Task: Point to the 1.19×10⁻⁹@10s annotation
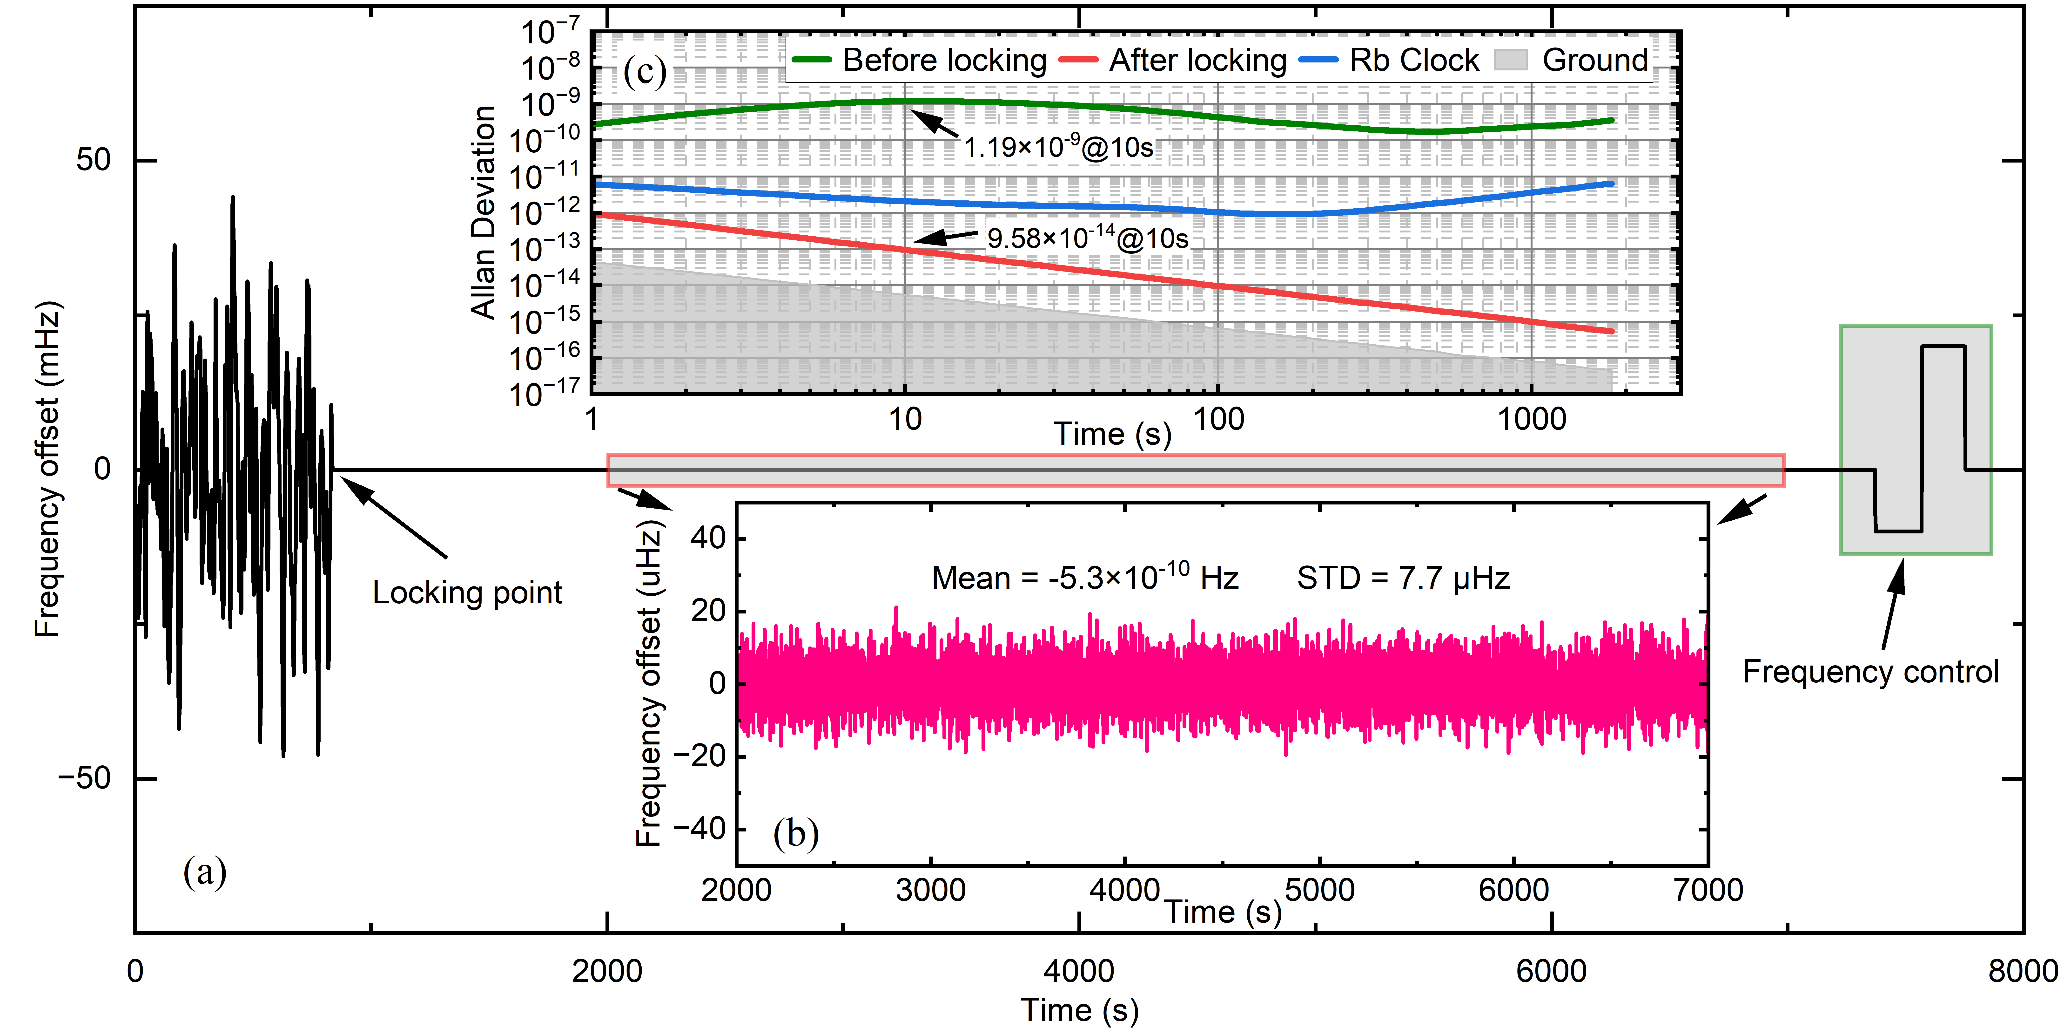point(1058,147)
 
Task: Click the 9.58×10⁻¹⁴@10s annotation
point(1087,238)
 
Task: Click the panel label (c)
point(645,72)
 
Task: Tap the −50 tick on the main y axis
point(84,778)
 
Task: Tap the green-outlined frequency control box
point(1916,440)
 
